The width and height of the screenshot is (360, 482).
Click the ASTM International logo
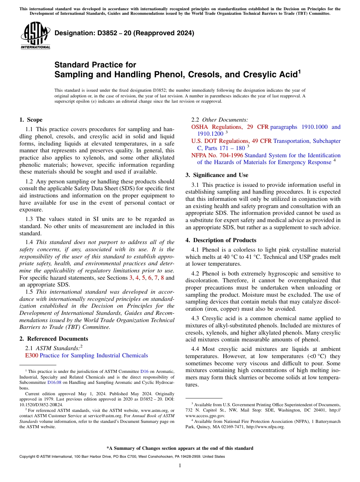click(35, 36)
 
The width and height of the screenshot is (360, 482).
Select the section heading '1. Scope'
click(31, 120)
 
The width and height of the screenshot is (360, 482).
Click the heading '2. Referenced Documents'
click(54, 339)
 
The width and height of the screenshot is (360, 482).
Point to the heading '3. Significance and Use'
click(217, 175)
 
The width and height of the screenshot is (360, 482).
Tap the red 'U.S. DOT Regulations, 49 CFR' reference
click(231, 141)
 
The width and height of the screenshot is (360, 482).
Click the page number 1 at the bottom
click(180, 465)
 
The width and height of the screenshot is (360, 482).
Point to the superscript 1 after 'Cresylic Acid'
click(299, 71)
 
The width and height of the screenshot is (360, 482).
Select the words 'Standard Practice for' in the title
click(95, 65)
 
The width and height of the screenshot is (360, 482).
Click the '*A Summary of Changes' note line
click(180, 448)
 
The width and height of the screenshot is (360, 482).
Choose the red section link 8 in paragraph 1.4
click(163, 278)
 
